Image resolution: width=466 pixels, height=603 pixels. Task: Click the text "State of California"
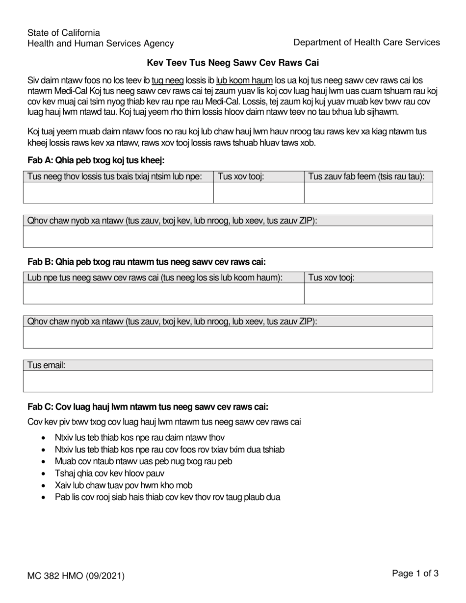(x=64, y=33)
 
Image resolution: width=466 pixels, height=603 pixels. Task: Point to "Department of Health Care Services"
(x=366, y=42)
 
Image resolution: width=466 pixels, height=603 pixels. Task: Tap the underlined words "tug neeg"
(x=168, y=80)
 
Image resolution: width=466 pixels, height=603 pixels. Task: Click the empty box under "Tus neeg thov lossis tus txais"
(x=118, y=192)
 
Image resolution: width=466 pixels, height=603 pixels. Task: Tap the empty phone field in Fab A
(x=259, y=192)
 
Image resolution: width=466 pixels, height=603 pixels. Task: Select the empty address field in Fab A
(x=228, y=236)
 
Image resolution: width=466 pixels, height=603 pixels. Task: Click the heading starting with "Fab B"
(x=147, y=262)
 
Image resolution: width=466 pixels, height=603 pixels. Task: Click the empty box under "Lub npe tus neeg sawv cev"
(x=163, y=293)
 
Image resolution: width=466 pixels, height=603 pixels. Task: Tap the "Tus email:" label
(x=47, y=365)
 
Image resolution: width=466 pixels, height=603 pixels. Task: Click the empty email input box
(x=228, y=381)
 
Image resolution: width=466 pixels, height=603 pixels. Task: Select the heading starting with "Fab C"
(x=148, y=406)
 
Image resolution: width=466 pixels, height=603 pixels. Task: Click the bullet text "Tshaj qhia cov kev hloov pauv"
(x=109, y=473)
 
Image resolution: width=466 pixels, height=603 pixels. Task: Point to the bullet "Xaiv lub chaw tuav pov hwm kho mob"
(x=124, y=485)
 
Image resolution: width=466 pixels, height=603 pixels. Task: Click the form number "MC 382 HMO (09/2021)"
(x=76, y=576)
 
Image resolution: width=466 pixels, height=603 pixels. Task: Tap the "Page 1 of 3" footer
(x=414, y=573)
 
